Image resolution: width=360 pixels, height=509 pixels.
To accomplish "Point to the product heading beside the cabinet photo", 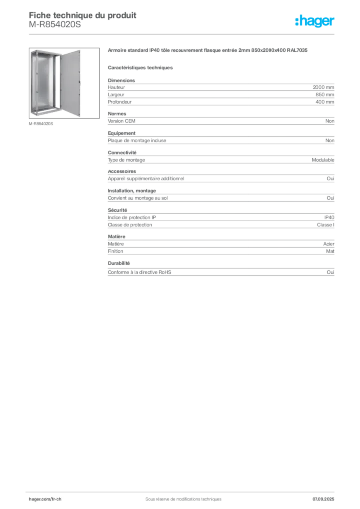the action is (x=209, y=51).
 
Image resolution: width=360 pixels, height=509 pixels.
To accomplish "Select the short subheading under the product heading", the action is (x=141, y=67).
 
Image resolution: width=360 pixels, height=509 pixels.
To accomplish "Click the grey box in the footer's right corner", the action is (x=326, y=495).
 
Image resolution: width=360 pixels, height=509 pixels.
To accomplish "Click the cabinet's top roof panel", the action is (x=48, y=51).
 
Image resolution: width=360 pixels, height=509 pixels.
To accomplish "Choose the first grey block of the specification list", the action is (x=221, y=92).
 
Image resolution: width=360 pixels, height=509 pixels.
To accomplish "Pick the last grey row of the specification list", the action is (x=221, y=272).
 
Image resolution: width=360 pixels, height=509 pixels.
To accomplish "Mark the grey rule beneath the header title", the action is (x=184, y=34).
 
